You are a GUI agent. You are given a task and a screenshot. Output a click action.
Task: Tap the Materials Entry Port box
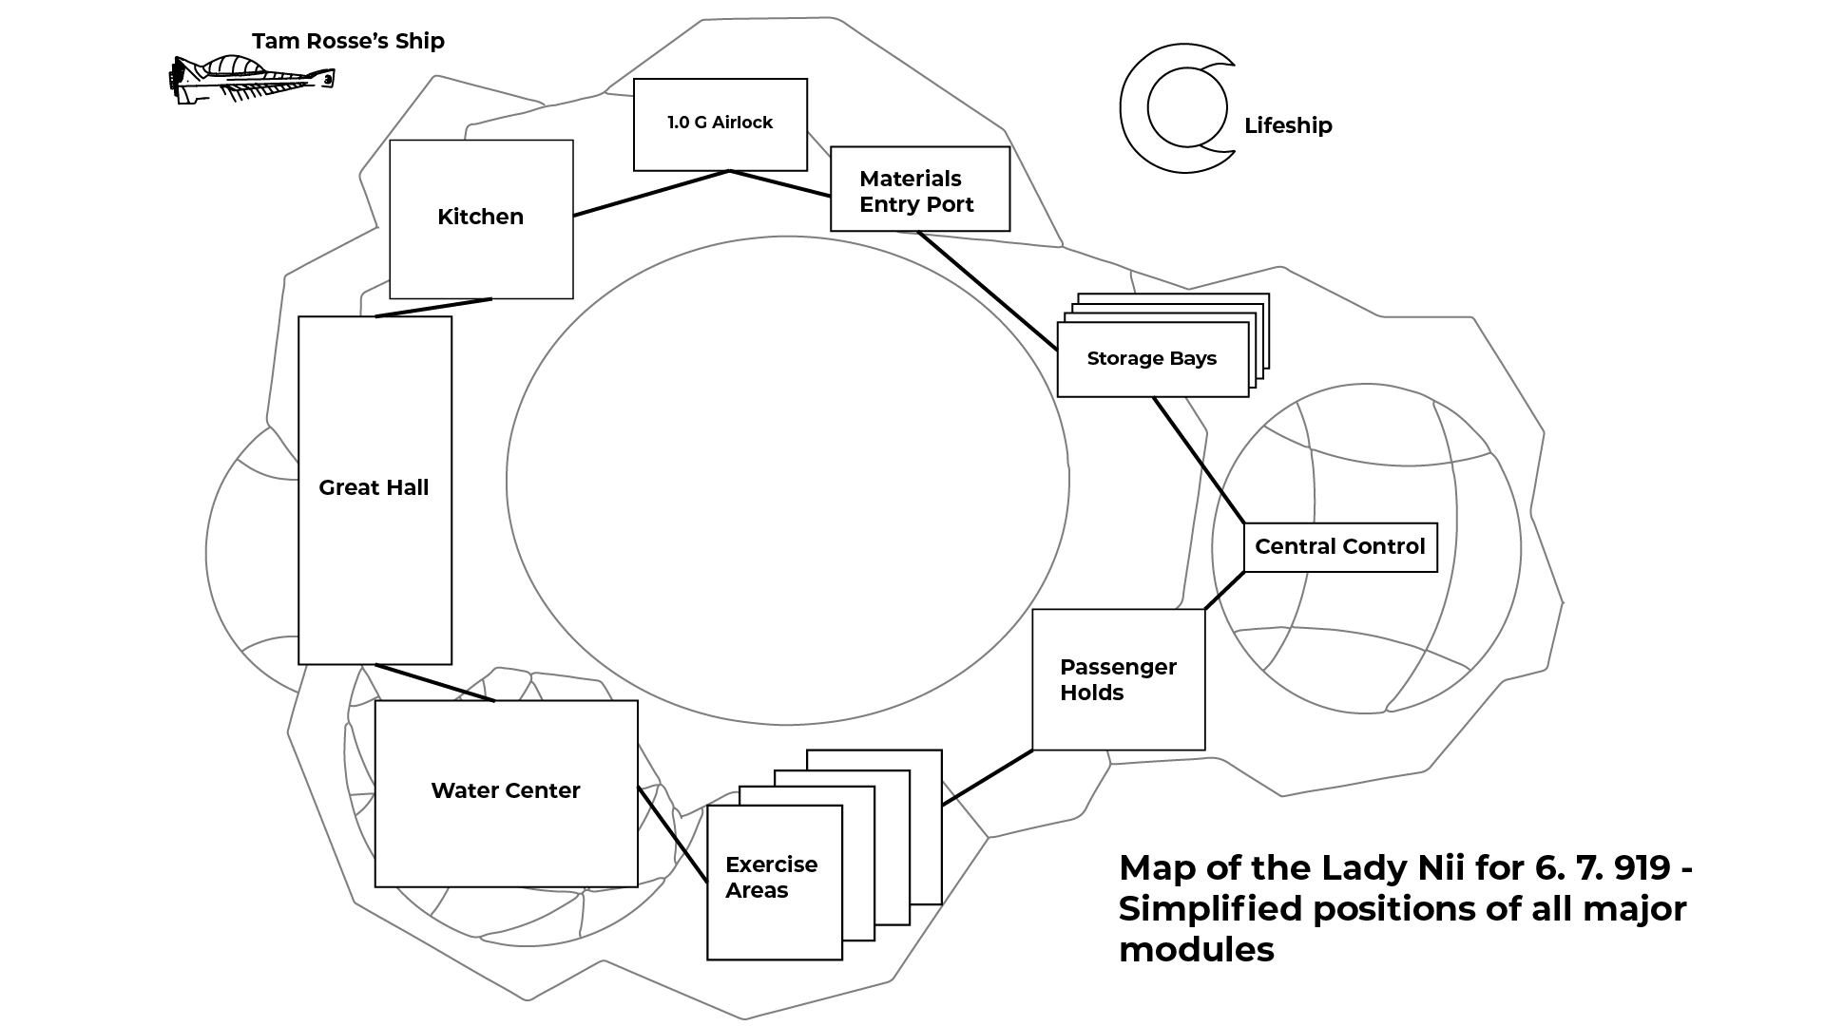pyautogui.click(x=919, y=189)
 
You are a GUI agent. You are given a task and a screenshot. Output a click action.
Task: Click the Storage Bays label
pyautogui.click(x=1151, y=359)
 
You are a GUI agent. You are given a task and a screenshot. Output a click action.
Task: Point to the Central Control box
pyautogui.click(x=1339, y=547)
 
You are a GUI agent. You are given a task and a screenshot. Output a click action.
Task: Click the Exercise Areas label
pyautogui.click(x=771, y=877)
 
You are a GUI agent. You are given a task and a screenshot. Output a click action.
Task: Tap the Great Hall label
pyautogui.click(x=374, y=488)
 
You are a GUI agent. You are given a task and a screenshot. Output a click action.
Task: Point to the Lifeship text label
pyautogui.click(x=1288, y=125)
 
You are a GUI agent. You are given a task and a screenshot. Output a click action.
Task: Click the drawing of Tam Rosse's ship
pyautogui.click(x=251, y=79)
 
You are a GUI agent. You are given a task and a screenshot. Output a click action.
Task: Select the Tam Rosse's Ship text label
pyautogui.click(x=348, y=41)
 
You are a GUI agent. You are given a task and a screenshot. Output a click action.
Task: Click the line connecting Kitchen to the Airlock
pyautogui.click(x=651, y=194)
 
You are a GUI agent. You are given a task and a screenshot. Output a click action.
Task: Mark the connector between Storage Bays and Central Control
pyautogui.click(x=1199, y=460)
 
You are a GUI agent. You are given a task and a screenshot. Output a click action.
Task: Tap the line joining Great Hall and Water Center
pyautogui.click(x=435, y=683)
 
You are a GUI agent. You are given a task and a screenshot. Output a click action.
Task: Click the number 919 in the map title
pyautogui.click(x=1642, y=867)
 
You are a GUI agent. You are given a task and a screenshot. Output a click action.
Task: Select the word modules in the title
pyautogui.click(x=1196, y=949)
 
